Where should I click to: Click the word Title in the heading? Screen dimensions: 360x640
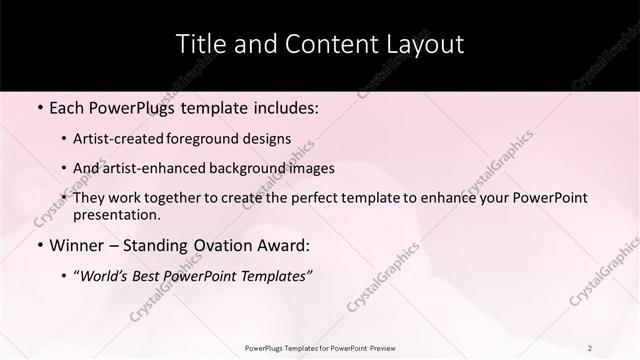[x=199, y=44]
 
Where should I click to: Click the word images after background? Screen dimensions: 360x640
[x=311, y=169]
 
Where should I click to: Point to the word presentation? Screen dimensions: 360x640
[x=117, y=215]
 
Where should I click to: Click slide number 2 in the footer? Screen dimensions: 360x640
[x=590, y=347]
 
